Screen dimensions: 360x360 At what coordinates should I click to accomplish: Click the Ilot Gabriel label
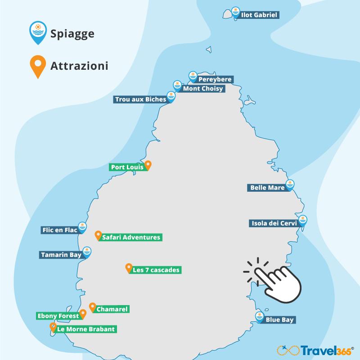pos(260,15)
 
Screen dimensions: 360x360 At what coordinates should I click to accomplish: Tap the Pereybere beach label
pos(215,80)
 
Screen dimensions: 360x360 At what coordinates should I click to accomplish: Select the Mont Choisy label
pos(202,89)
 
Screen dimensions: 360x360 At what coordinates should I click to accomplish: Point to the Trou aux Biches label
pos(140,99)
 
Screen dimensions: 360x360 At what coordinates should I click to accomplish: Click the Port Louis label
pos(127,167)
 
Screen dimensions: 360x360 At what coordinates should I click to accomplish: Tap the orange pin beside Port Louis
pos(148,165)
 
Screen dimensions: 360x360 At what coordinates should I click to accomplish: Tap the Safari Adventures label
pos(131,237)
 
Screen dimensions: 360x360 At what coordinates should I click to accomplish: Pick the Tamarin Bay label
pos(61,255)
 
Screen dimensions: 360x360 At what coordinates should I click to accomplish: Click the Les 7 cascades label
pos(156,270)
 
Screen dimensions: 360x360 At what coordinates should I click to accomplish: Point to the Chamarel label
pos(112,309)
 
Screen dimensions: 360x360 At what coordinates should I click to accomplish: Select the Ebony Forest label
pos(58,316)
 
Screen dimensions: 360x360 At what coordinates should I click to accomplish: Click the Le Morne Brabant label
pos(86,329)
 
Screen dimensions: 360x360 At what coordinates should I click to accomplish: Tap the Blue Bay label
pos(280,320)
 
